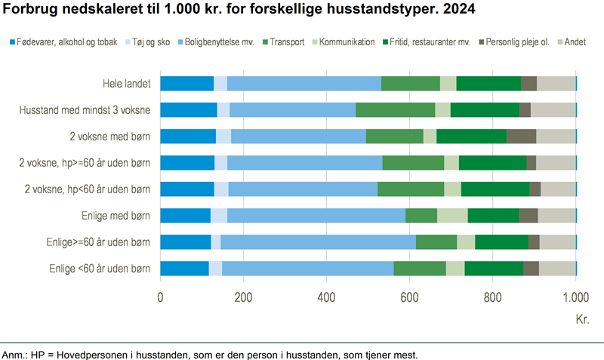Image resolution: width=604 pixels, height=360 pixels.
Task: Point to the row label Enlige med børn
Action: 116,216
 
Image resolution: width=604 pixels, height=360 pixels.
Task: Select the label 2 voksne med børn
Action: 109,137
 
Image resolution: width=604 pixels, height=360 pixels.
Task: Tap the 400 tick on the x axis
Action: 326,297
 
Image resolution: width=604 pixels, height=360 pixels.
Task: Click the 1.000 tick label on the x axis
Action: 576,297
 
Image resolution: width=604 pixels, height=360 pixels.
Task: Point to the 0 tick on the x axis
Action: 160,297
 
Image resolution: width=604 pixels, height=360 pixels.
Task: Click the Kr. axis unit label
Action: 582,320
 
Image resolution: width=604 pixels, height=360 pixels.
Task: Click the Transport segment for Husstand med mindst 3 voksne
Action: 395,110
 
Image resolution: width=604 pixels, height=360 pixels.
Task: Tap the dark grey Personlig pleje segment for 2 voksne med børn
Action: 521,137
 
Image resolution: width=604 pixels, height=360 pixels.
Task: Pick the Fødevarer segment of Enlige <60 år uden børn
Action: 184,269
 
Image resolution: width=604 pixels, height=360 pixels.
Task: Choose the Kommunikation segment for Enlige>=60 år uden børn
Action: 466,242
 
